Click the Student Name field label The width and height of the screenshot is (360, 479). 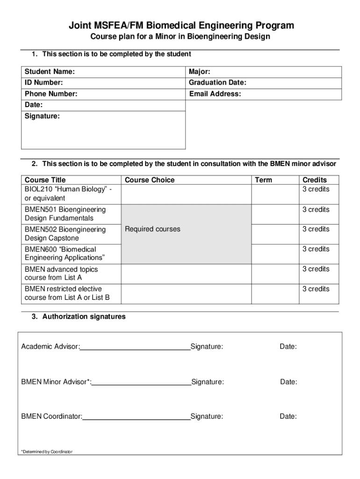coord(50,72)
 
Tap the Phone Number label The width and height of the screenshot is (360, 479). coord(51,94)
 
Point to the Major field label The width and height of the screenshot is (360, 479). coord(200,72)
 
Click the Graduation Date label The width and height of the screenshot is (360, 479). coord(217,83)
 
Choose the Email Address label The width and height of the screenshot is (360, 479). coord(215,94)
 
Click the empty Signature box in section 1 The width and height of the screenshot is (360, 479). coord(103,133)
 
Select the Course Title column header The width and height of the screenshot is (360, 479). coord(45,180)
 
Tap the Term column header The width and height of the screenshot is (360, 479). coord(263,180)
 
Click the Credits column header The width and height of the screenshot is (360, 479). coord(315,180)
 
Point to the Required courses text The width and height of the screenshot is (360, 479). coord(152,229)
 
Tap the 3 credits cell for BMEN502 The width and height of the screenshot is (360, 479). coord(316,229)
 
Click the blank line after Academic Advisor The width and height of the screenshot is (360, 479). coord(135,347)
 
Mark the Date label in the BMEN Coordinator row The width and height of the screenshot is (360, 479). coord(288,416)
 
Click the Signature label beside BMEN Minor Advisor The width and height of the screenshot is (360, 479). coord(208,382)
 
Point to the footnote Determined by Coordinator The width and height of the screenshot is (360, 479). coord(47,452)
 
